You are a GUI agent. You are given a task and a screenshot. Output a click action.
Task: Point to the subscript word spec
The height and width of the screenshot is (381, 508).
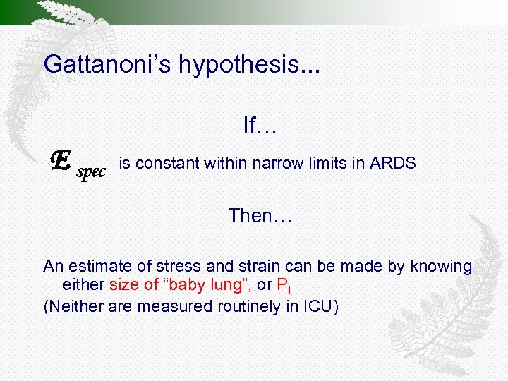(x=91, y=171)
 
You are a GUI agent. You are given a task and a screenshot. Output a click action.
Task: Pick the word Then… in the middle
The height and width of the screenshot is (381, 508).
(x=260, y=216)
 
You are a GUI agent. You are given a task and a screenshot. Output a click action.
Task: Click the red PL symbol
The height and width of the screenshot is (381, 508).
(x=285, y=286)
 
